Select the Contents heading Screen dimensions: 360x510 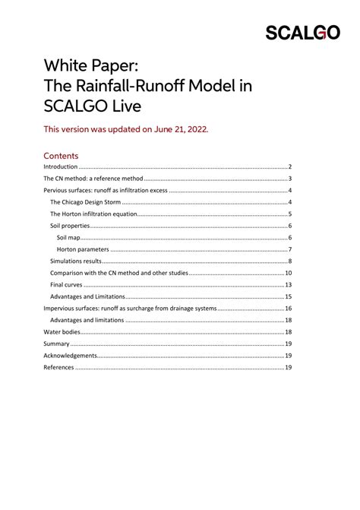pos(66,154)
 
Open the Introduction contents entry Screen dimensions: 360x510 pos(61,166)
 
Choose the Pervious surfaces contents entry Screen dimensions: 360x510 pos(106,190)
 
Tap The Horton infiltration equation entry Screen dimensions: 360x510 pos(93,214)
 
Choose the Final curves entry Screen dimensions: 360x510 pos(68,285)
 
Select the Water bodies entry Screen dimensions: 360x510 pos(63,332)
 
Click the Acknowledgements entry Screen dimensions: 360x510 pos(71,356)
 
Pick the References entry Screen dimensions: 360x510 pos(58,368)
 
